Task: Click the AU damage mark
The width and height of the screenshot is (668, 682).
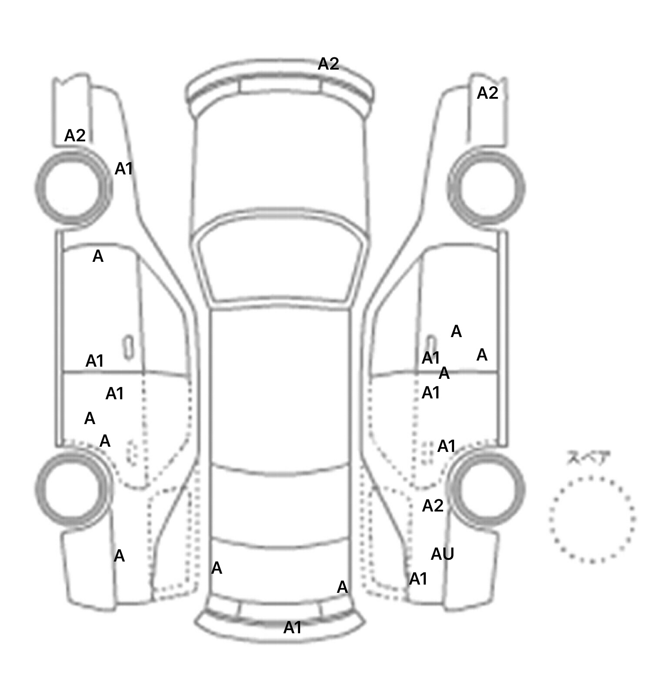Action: click(x=442, y=554)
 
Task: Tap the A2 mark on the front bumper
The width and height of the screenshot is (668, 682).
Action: click(x=328, y=64)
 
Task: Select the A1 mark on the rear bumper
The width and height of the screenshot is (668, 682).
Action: click(x=292, y=628)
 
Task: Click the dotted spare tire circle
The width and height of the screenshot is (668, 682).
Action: click(x=592, y=519)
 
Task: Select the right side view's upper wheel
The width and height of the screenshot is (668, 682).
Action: click(x=487, y=188)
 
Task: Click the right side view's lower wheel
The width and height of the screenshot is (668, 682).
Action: click(x=487, y=488)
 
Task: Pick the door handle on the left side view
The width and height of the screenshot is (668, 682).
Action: click(x=128, y=347)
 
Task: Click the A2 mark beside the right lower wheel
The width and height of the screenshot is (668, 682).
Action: click(x=433, y=506)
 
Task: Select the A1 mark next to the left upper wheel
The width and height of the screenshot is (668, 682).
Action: click(x=124, y=169)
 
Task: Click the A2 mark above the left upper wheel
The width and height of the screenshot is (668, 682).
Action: click(x=75, y=136)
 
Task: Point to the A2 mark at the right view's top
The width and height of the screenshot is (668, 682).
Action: click(x=487, y=93)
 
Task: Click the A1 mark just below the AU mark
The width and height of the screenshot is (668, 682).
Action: click(x=418, y=579)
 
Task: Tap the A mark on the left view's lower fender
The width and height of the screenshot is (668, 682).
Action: click(x=119, y=556)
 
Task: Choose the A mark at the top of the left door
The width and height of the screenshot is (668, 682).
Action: click(x=98, y=257)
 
